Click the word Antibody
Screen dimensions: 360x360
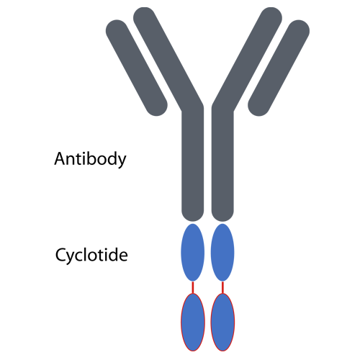pos(90,159)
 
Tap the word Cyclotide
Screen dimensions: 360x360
pos(91,255)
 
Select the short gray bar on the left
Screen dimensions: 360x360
pos(137,68)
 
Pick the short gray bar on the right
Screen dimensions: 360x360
pos(279,68)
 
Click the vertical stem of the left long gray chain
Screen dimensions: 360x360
pos(193,163)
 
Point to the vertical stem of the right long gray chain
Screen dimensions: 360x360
pos(222,163)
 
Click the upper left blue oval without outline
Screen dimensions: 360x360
pos(193,253)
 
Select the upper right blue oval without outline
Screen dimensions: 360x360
pos(222,253)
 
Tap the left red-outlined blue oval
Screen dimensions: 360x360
pos(193,323)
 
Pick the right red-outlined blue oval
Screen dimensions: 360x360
pos(222,323)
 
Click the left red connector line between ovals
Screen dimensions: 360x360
pos(193,287)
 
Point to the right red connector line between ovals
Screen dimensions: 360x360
pos(222,287)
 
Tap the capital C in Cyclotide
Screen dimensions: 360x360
pos(61,255)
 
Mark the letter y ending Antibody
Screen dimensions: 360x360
pos(121,161)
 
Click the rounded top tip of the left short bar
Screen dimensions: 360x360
pos(116,23)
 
